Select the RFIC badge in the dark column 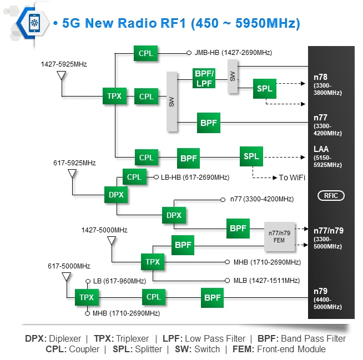[x=331, y=196]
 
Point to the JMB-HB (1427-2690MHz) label [x=233, y=53]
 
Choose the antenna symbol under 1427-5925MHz [x=61, y=75]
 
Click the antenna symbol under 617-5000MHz [x=66, y=277]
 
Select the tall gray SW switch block [x=172, y=102]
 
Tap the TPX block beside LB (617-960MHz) [x=87, y=297]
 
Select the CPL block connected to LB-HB [x=134, y=178]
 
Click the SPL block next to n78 [x=265, y=89]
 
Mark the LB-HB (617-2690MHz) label [x=195, y=178]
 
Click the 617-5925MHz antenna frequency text [x=74, y=163]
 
